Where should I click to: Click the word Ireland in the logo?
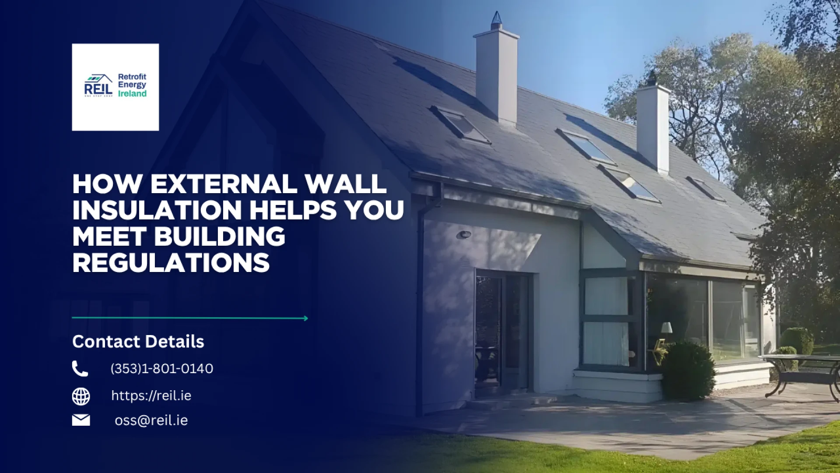[x=132, y=94]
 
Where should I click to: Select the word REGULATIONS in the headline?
[x=171, y=263]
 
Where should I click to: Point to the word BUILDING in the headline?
[x=219, y=237]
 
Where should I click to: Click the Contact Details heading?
[x=138, y=342]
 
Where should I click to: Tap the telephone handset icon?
[x=80, y=369]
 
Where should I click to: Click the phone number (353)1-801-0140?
[x=161, y=369]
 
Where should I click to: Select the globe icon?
[x=81, y=396]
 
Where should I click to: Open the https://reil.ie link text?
[x=151, y=396]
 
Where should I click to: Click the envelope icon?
[x=81, y=420]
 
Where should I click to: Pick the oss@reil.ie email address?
[x=151, y=420]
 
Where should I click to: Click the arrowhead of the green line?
[x=305, y=318]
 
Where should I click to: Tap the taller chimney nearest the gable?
[x=496, y=74]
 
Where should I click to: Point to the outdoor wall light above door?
[x=464, y=235]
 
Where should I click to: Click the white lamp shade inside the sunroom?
[x=666, y=328]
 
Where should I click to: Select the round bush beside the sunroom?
[x=687, y=371]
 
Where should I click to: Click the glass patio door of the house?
[x=503, y=333]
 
